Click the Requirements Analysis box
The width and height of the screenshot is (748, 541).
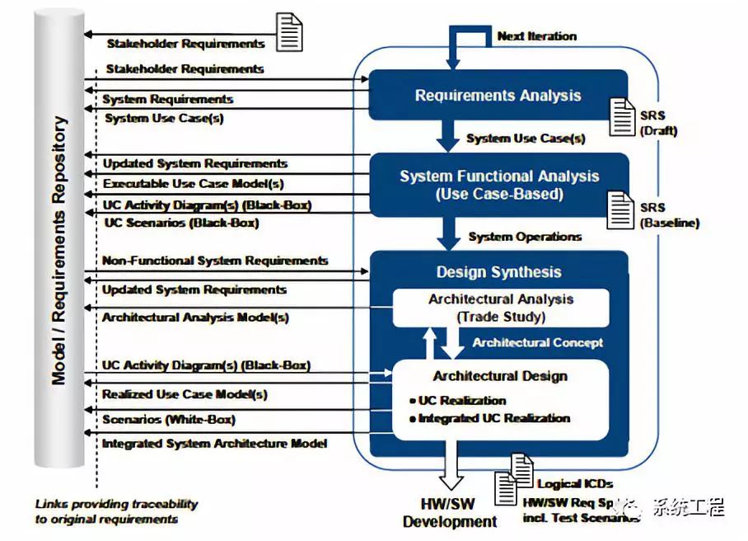(x=498, y=96)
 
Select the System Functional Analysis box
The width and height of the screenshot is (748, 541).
(x=499, y=185)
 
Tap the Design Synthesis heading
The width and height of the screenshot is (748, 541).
(x=498, y=272)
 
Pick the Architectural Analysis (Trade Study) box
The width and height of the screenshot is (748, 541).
(x=500, y=308)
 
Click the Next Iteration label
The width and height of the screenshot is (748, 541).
(x=536, y=36)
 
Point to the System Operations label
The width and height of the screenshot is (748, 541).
(x=525, y=237)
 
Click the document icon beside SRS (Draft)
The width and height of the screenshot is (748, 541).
(x=623, y=116)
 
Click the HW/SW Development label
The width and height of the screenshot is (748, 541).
(x=450, y=513)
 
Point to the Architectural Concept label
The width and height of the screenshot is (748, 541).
(x=537, y=342)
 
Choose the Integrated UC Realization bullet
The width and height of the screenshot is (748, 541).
(x=493, y=418)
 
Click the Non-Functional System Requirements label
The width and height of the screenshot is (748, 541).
(x=215, y=261)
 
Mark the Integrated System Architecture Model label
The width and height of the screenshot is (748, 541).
(x=214, y=444)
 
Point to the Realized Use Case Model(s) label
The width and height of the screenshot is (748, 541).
(x=184, y=394)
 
